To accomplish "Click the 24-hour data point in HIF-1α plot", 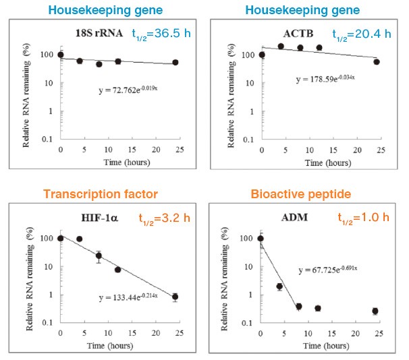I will (x=175, y=297).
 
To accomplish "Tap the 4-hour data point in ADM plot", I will (x=279, y=287).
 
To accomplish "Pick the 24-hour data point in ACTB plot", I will (x=377, y=61).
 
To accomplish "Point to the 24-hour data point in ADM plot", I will (x=375, y=311).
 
